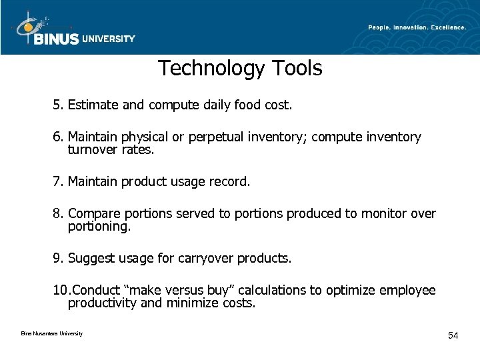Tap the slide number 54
coord(453,335)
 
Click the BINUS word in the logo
coord(57,39)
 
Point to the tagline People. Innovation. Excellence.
coord(417,27)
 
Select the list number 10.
coord(61,291)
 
